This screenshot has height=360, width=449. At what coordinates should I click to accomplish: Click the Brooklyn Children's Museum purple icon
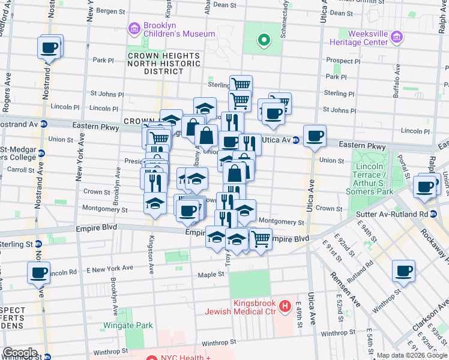pos(134,28)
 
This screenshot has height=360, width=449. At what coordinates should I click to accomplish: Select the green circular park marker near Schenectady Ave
pos(263,41)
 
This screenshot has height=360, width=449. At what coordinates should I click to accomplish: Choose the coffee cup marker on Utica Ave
pos(315,136)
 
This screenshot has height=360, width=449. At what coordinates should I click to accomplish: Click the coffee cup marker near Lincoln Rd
pos(38,272)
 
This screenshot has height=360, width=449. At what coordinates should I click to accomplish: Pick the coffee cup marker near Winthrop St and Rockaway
pos(403,271)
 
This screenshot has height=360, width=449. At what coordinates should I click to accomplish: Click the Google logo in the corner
pos(20,353)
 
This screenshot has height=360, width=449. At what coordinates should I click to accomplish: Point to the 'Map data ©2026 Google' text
pos(412,355)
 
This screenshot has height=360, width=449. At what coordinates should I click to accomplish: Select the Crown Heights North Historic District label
pos(155,64)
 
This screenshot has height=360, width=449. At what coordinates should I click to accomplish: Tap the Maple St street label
pos(211,275)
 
